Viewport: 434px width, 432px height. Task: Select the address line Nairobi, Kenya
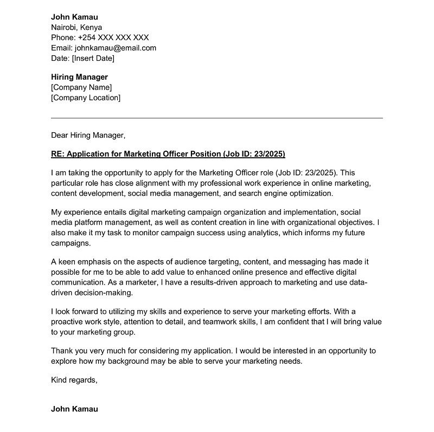[76, 27]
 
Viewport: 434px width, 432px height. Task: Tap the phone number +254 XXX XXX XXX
[113, 37]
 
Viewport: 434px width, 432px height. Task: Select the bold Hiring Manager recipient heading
[79, 77]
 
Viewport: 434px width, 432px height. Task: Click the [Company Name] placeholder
[81, 87]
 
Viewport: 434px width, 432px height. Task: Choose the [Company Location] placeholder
[86, 98]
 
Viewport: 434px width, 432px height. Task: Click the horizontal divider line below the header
[217, 118]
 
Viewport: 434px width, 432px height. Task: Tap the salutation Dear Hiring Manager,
[88, 135]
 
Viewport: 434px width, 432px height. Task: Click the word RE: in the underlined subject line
[58, 154]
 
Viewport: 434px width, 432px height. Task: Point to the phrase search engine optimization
[287, 193]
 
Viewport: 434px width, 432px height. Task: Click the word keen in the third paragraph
[69, 262]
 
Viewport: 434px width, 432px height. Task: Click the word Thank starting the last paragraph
[62, 351]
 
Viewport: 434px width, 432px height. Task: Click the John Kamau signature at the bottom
[74, 409]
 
